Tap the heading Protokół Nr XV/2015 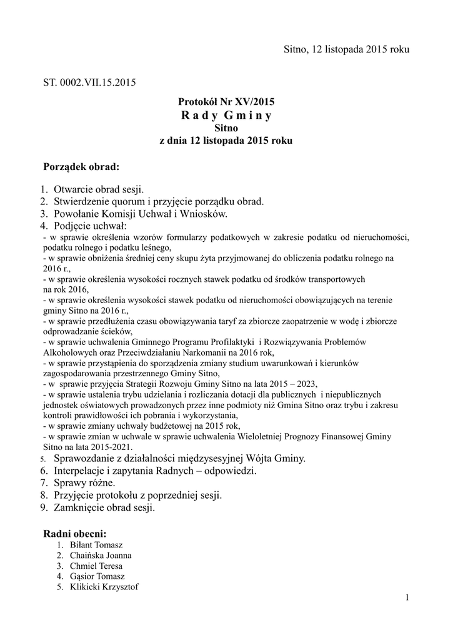tap(226, 101)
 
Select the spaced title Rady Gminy tap(226, 116)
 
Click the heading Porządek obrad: tap(81, 167)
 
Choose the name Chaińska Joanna tap(101, 556)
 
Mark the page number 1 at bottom tap(407, 598)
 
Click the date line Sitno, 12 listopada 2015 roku tap(346, 49)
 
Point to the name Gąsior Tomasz tap(97, 576)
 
